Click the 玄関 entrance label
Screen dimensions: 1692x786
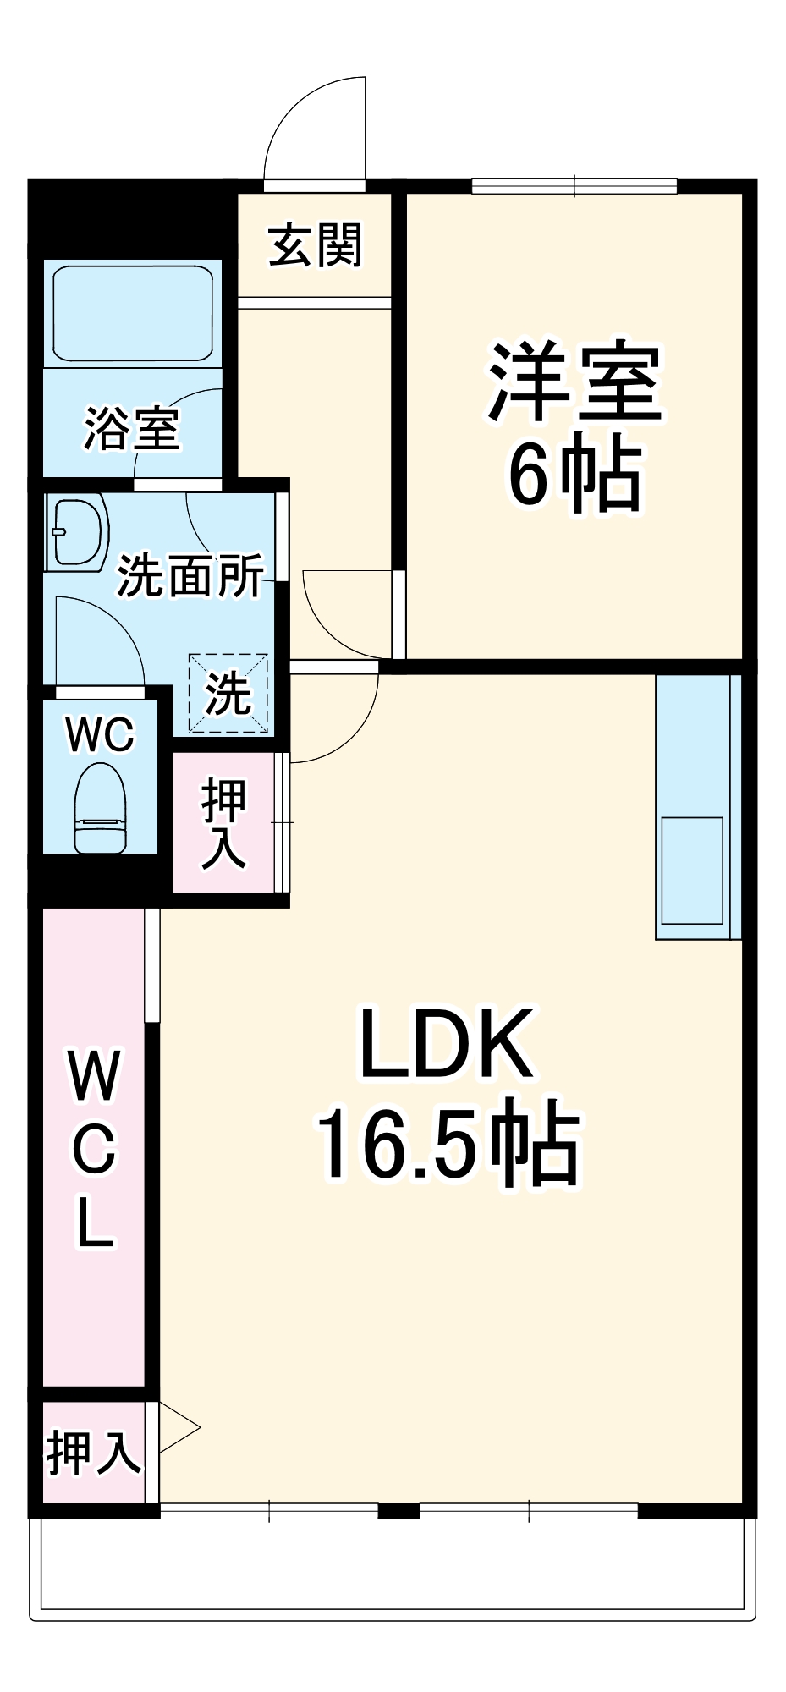(x=316, y=245)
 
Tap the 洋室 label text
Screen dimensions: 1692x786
(x=574, y=382)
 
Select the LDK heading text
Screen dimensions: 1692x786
(x=447, y=1043)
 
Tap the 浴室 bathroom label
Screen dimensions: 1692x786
(x=132, y=430)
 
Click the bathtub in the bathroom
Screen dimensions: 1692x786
(x=132, y=314)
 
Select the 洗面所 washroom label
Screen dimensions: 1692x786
(x=190, y=576)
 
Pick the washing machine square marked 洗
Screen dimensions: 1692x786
(x=228, y=693)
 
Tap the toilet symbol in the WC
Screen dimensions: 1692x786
(x=100, y=808)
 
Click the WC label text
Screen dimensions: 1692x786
(x=100, y=735)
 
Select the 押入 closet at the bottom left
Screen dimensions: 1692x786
(x=92, y=1452)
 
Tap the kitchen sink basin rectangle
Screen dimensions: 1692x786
(x=692, y=871)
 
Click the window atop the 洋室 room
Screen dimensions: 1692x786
(x=574, y=185)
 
